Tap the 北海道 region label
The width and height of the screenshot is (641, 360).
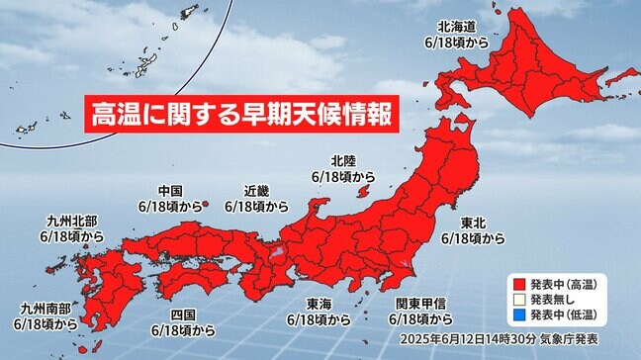click(x=461, y=28)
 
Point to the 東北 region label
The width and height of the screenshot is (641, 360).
click(x=472, y=224)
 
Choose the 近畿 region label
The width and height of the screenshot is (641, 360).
click(x=256, y=192)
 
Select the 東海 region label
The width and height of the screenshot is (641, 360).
click(x=319, y=306)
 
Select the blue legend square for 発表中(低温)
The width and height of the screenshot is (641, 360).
click(x=518, y=315)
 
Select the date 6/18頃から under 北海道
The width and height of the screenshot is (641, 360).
click(x=461, y=43)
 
